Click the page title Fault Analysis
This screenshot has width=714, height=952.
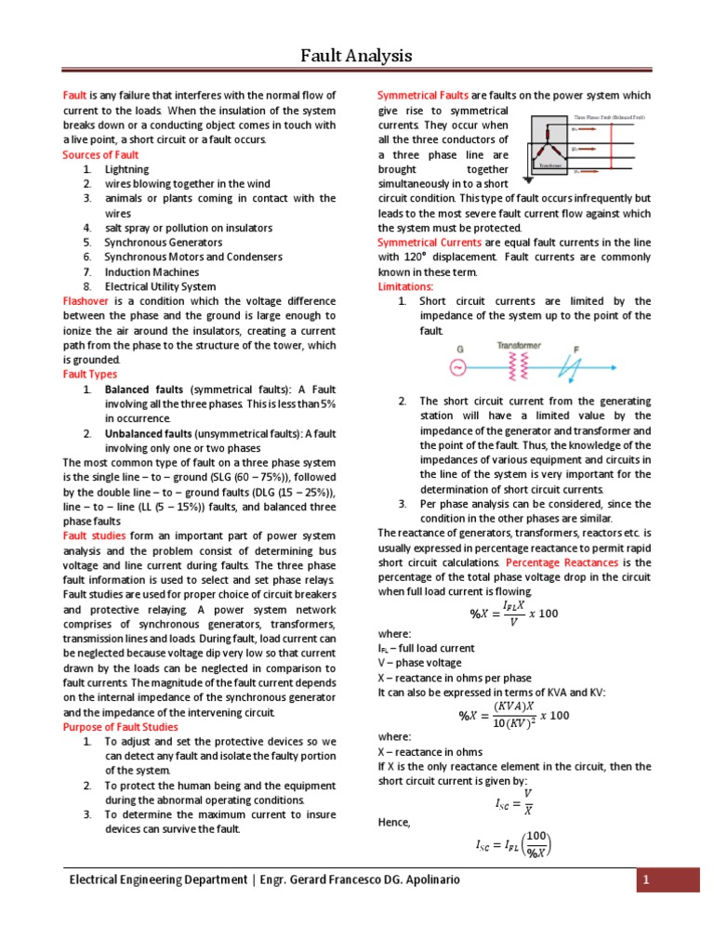tap(356, 56)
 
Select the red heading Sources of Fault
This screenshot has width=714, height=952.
tap(100, 154)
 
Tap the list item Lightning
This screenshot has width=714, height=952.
tap(126, 169)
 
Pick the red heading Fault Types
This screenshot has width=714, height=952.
tap(89, 374)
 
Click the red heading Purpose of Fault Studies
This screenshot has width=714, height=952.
tap(120, 727)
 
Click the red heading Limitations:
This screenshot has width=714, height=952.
tap(405, 286)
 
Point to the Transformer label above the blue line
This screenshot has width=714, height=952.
tap(519, 345)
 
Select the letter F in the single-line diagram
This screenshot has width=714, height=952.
tap(576, 349)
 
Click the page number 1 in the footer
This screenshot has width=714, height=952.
tap(668, 879)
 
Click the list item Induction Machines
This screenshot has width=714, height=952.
tap(151, 272)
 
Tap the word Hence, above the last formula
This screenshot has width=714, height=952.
tap(394, 822)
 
